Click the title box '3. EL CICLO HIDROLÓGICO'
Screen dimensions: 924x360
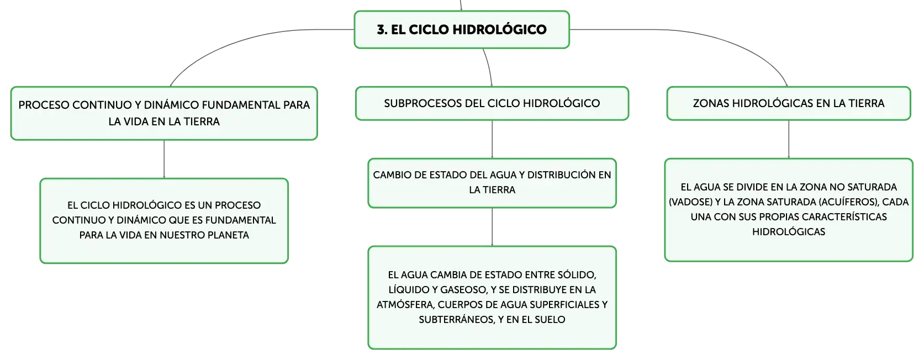[x=462, y=30]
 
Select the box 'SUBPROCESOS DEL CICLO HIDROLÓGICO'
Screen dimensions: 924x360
[x=492, y=103]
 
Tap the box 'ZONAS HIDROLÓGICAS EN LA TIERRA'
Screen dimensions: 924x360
[x=788, y=103]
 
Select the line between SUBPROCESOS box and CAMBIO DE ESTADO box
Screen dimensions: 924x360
[x=492, y=139]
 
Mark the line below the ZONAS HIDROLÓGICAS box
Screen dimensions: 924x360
[x=789, y=139]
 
